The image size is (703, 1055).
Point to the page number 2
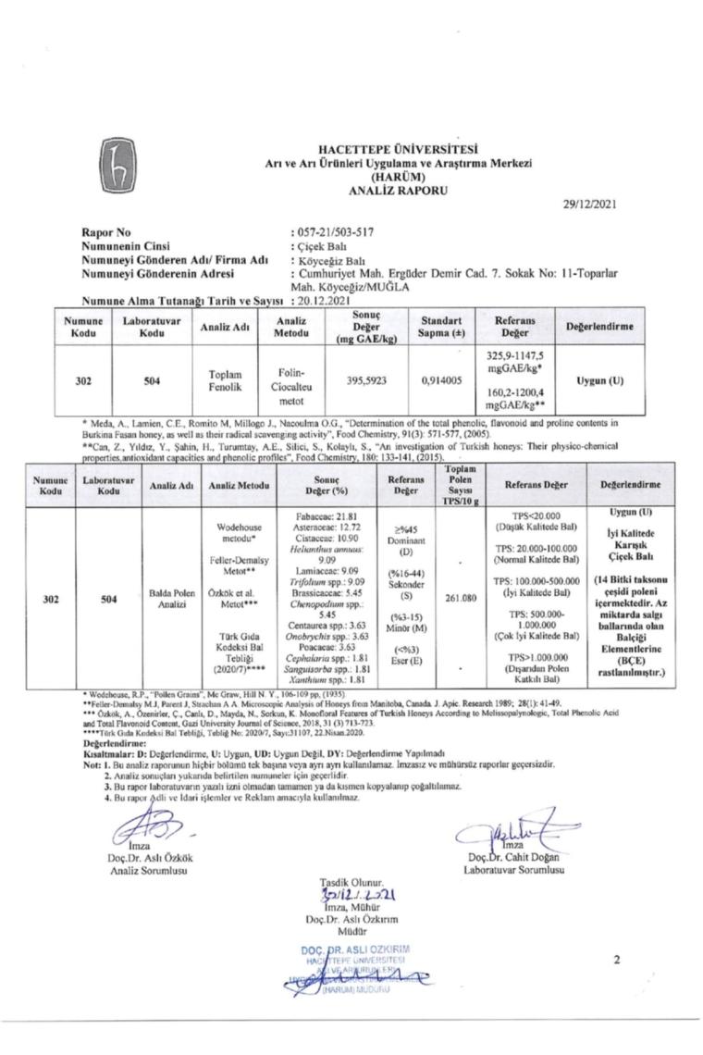tap(616, 960)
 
